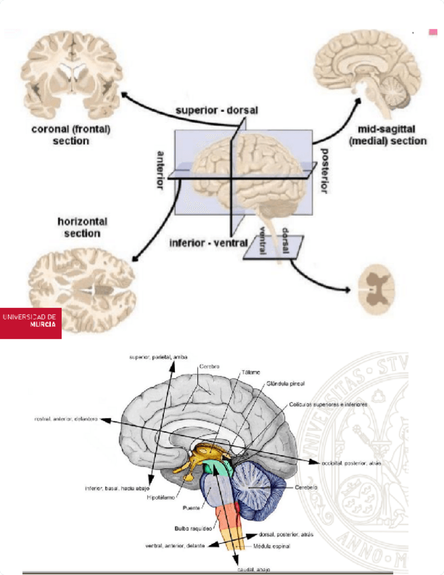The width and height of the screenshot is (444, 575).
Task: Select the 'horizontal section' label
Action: tap(82, 227)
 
